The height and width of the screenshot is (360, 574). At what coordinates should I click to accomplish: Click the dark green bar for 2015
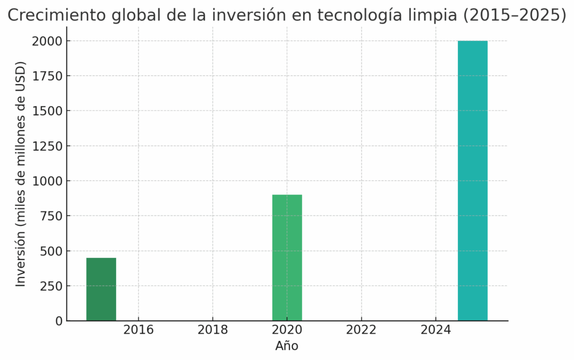101,289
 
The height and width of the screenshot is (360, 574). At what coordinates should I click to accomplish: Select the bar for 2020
287,257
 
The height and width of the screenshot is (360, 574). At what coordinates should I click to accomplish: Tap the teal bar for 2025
473,181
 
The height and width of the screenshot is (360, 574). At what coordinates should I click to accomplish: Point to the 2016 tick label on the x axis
138,330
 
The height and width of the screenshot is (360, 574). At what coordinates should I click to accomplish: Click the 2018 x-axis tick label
213,330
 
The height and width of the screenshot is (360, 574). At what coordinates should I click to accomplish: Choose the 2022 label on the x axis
361,330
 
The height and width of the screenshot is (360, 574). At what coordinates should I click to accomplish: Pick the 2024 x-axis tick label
436,330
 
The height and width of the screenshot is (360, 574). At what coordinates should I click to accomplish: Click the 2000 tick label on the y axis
48,41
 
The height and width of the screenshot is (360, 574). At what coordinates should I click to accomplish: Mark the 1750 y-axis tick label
48,76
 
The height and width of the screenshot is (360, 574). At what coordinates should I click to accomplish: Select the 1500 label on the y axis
48,111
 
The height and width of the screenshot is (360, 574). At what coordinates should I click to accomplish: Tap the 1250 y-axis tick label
48,146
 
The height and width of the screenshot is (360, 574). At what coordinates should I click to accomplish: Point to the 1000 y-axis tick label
48,181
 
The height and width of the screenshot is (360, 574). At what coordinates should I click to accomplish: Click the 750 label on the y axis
51,216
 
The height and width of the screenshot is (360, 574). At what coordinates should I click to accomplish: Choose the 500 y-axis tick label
51,251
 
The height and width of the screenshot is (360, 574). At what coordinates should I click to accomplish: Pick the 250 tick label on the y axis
51,286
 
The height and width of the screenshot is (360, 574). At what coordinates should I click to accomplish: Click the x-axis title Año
287,346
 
